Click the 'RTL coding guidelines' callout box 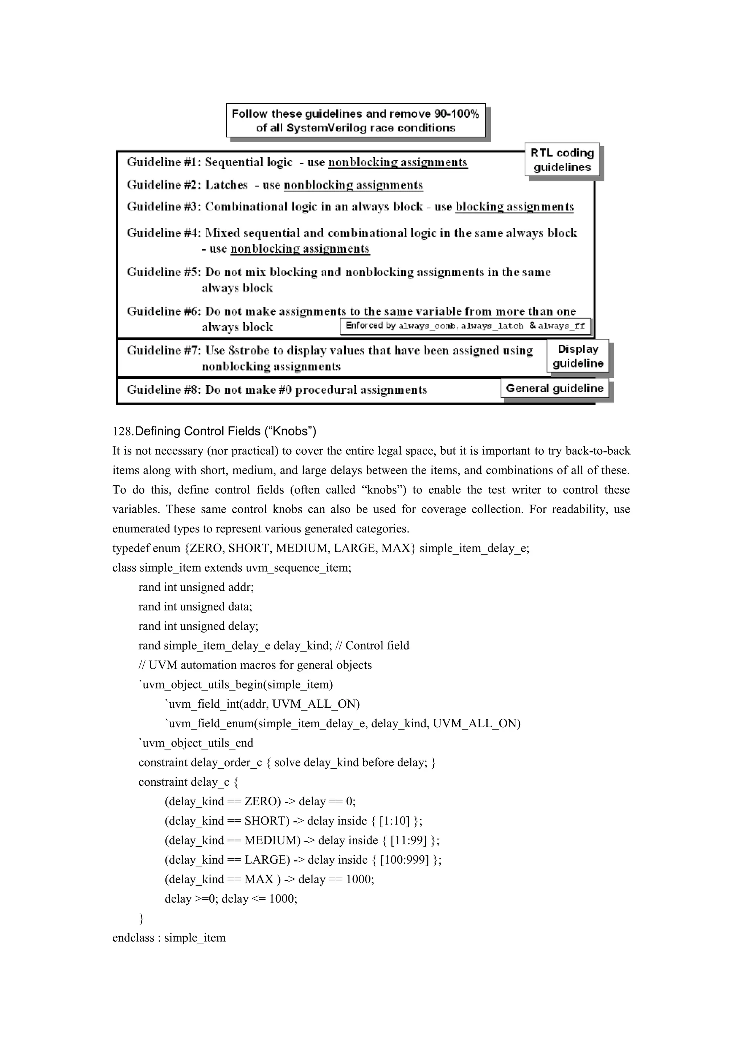pyautogui.click(x=562, y=160)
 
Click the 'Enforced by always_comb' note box pyautogui.click(x=465, y=326)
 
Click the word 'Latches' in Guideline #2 pyautogui.click(x=226, y=185)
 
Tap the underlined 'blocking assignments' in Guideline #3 pyautogui.click(x=515, y=207)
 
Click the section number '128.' pyautogui.click(x=123, y=432)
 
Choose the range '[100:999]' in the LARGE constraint pyautogui.click(x=405, y=860)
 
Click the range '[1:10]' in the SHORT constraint pyautogui.click(x=394, y=821)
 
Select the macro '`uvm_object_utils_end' pyautogui.click(x=196, y=743)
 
